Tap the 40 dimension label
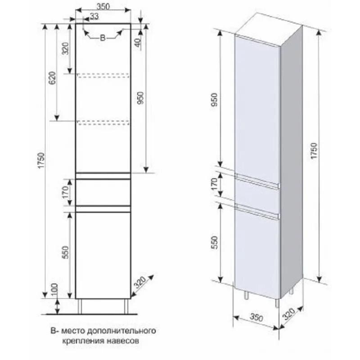pyautogui.click(x=138, y=43)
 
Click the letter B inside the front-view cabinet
pyautogui.click(x=102, y=39)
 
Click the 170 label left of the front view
pyautogui.click(x=65, y=193)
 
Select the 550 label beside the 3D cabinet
pyautogui.click(x=214, y=243)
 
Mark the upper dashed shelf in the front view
pyautogui.click(x=103, y=75)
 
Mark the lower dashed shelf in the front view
pyautogui.click(x=103, y=121)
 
